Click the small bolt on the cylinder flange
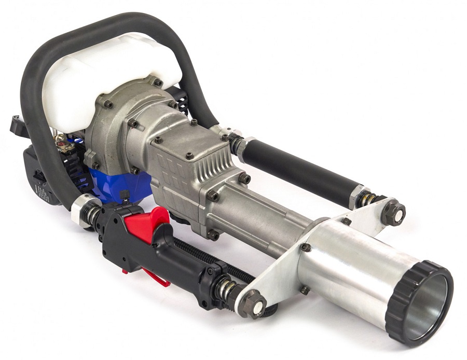306,247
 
